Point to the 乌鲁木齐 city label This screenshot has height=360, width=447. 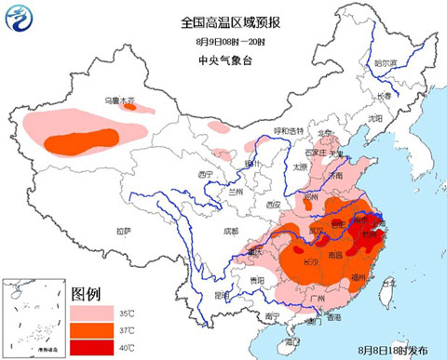120,100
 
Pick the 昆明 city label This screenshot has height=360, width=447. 222,295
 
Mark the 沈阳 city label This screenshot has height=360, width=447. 374,119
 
